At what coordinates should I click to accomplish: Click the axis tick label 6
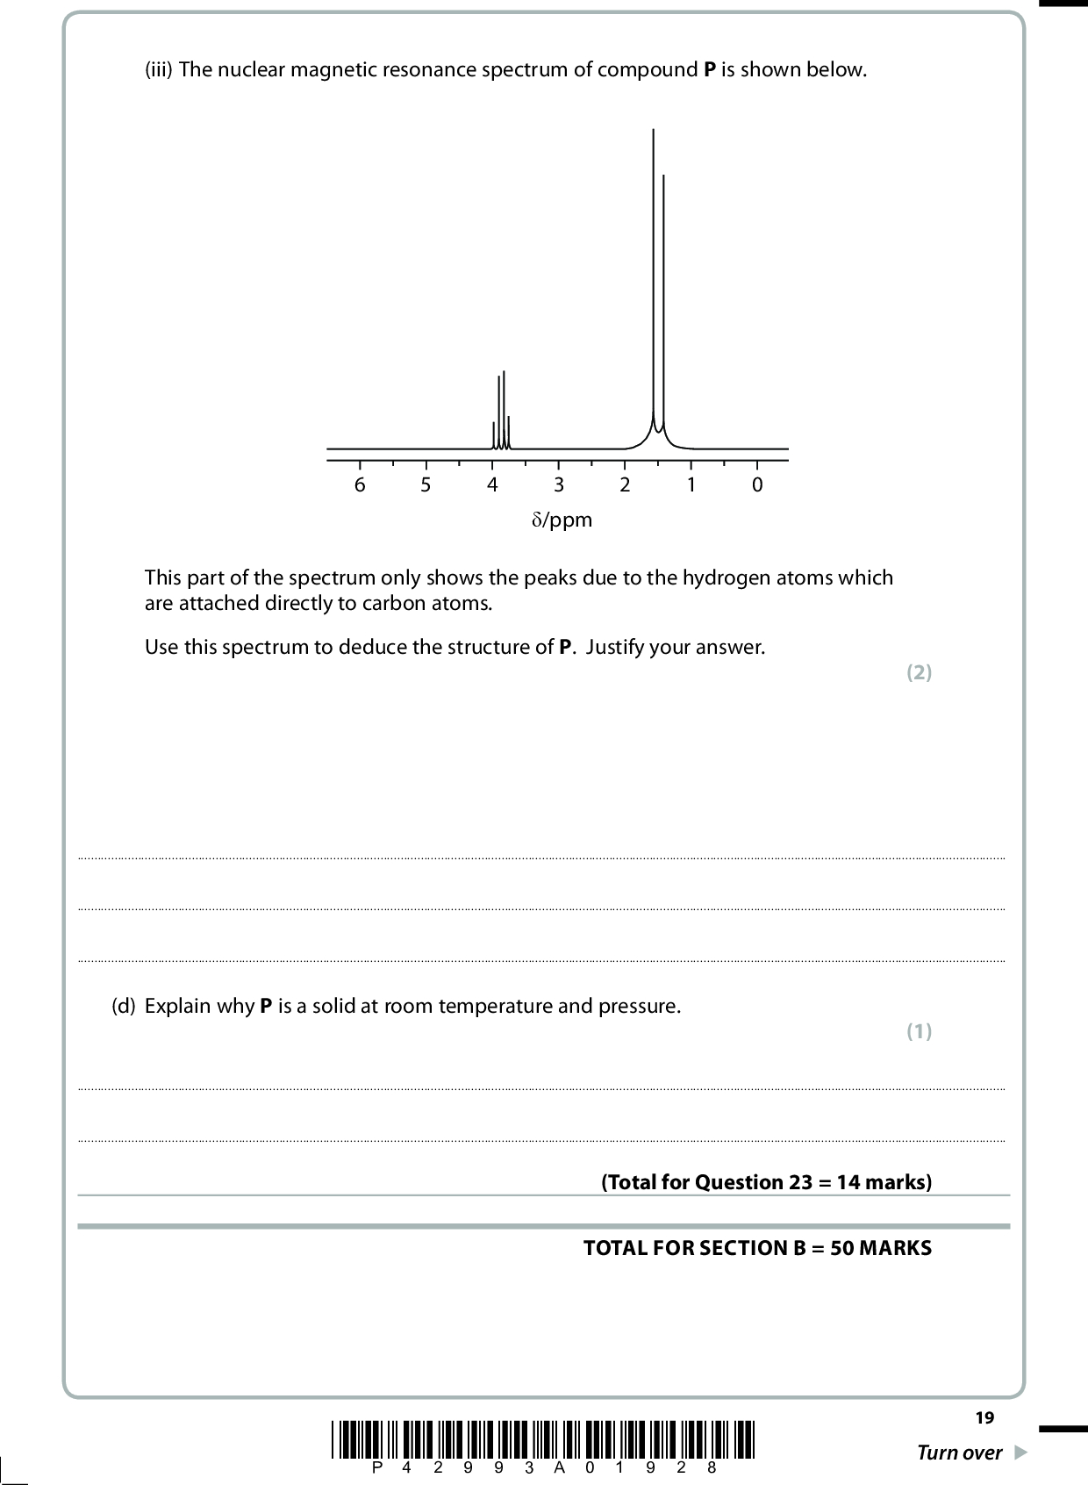click(360, 485)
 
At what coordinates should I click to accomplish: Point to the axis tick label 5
click(426, 485)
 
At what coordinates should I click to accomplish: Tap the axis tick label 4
click(492, 485)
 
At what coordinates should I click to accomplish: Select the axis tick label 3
click(559, 485)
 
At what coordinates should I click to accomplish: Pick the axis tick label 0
click(757, 485)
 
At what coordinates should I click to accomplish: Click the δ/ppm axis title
click(562, 520)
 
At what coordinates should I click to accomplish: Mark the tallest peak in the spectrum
click(654, 263)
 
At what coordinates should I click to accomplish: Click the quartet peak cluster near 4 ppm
click(501, 412)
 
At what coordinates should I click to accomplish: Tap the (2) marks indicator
click(919, 673)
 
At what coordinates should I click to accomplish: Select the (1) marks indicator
click(919, 1031)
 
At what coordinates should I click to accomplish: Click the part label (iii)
click(159, 70)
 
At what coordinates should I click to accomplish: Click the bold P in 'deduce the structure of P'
click(565, 648)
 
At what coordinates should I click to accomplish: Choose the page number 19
click(984, 1417)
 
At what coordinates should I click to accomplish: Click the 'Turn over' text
click(959, 1453)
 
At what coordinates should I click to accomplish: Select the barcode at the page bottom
click(544, 1439)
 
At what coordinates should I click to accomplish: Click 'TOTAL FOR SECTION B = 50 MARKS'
click(757, 1248)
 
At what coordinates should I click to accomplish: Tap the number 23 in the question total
click(801, 1182)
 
